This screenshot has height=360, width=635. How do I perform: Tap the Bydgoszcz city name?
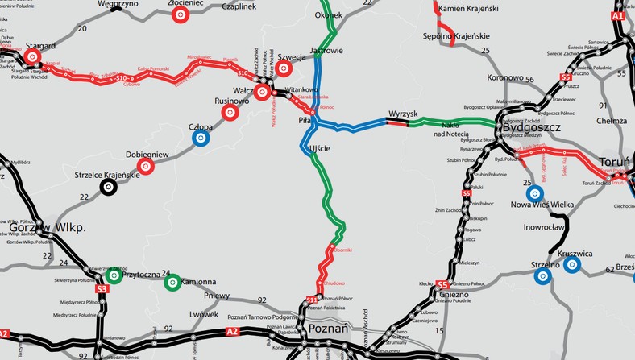coord(532,126)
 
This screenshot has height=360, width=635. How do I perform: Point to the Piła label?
coord(305,119)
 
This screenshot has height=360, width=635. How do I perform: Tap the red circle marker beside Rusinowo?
coord(230,114)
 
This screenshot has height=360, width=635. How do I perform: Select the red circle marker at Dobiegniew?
coord(146,167)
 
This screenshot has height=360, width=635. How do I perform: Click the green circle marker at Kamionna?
coord(172,282)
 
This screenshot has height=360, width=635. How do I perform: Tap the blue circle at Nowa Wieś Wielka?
coord(533,193)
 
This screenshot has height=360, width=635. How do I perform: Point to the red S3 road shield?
coord(102,288)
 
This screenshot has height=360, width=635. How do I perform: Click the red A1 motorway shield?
coord(618,16)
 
